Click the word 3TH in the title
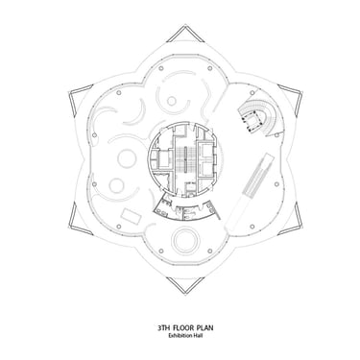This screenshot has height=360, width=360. (163, 327)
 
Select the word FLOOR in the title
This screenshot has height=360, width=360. (183, 327)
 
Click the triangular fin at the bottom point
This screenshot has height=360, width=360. (185, 284)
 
